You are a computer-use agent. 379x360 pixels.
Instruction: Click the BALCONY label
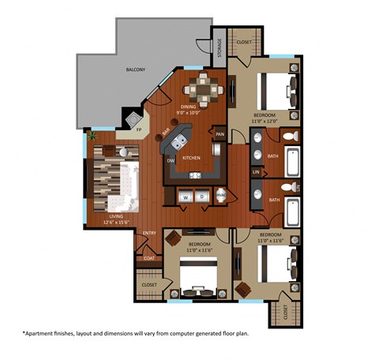(135, 69)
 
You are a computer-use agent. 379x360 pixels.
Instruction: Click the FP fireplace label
(139, 129)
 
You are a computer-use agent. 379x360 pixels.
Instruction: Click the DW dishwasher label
(170, 161)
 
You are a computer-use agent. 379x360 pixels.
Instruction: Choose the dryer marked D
(201, 197)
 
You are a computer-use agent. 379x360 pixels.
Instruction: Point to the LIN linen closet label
(256, 171)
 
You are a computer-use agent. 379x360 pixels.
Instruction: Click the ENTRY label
(149, 233)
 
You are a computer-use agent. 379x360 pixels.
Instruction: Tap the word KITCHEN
(191, 158)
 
